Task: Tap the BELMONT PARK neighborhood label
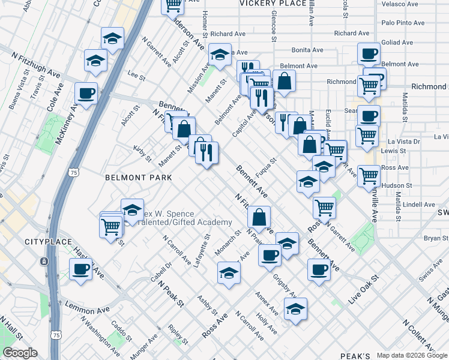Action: point(138,178)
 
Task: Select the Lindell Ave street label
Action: point(419,205)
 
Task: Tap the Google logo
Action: point(20,353)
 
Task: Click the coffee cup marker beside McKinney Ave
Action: point(86,94)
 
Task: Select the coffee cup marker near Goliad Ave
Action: point(369,53)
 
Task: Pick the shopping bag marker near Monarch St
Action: point(259,217)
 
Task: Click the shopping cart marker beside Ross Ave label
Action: point(369,176)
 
